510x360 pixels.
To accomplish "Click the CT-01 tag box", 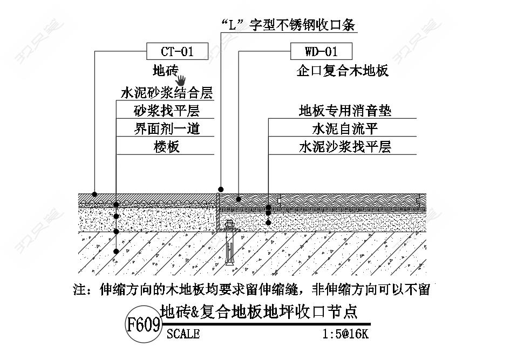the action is point(177,51).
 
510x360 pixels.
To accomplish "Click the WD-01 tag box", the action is point(321,51).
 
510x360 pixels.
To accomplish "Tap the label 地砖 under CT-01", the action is point(166,70).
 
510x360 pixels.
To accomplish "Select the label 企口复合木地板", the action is point(343,71).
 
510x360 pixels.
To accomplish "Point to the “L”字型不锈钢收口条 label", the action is point(288,25).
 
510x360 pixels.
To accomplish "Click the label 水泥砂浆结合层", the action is point(167,93).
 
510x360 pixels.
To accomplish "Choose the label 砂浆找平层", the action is point(167,111).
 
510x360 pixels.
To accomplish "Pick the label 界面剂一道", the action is point(167,129).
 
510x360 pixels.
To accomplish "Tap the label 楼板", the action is point(167,147).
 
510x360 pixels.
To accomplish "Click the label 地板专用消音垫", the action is point(345,111).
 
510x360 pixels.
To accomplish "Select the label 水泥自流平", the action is point(345,129).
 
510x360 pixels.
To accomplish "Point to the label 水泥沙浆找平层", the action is point(345,147).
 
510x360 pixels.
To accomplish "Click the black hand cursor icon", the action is point(181,80).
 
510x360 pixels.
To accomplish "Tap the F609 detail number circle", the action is point(144,324).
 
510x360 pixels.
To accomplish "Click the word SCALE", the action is point(183,334).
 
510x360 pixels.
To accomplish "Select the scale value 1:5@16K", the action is point(345,334).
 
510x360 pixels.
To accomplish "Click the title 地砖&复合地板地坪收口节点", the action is point(259,311).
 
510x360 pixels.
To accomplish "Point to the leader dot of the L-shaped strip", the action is point(221,189).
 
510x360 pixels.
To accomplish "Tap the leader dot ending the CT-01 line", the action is point(94,194).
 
